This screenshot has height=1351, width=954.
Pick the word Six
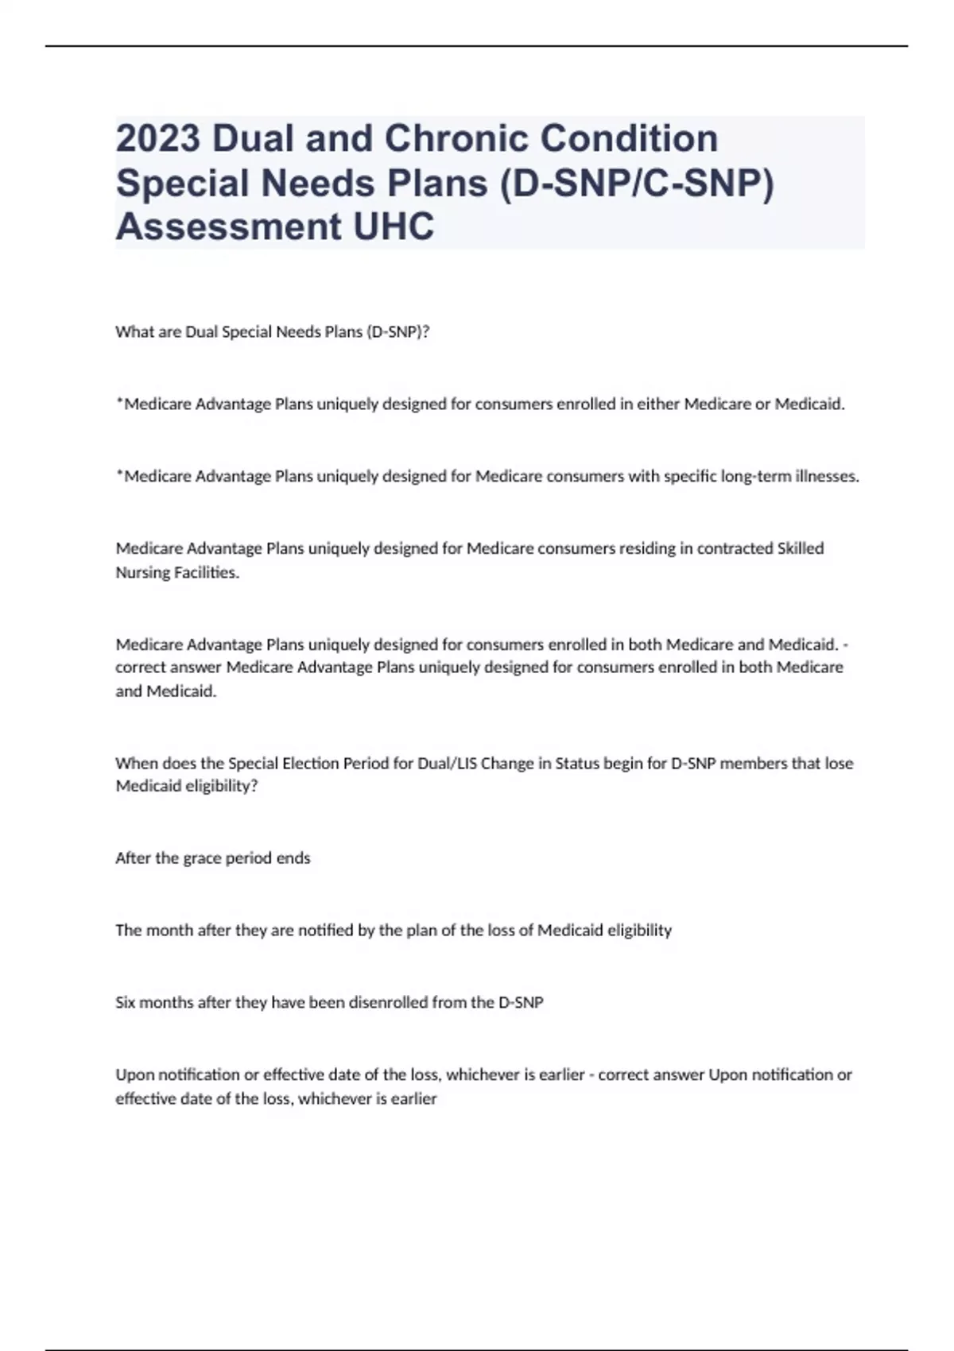126,1003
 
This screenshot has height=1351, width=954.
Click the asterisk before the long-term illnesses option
119,474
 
